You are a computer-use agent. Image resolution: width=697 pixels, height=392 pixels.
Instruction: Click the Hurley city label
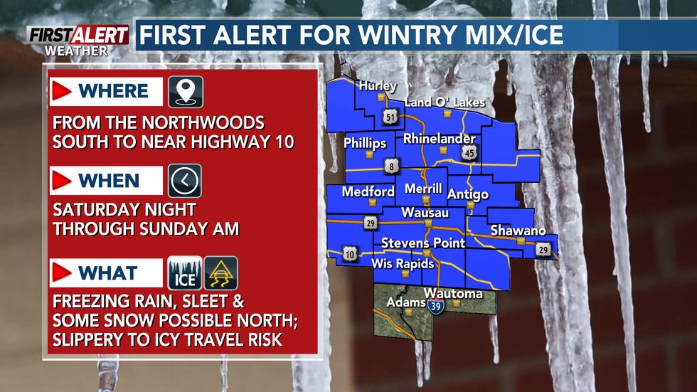click(378, 85)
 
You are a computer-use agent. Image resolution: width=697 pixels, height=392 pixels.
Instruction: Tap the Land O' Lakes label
click(445, 103)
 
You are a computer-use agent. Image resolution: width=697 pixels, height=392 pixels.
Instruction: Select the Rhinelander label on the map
click(440, 139)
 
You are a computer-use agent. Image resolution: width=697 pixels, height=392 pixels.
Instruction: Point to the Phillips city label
click(365, 143)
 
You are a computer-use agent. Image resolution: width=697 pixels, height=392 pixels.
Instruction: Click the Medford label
click(368, 192)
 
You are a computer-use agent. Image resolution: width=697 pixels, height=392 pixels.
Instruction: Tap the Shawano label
click(518, 231)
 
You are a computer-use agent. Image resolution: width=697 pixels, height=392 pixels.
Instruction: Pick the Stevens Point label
click(423, 243)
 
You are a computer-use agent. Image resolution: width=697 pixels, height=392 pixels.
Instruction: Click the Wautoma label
click(453, 294)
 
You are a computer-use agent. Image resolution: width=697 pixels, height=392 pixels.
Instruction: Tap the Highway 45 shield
click(468, 152)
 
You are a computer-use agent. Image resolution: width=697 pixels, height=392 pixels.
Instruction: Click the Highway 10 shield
click(351, 253)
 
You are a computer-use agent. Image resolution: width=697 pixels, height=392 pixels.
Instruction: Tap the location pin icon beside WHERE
click(185, 92)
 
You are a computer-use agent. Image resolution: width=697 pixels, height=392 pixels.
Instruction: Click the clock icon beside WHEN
click(185, 181)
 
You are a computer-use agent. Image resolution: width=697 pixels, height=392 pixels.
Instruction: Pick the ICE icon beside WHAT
click(185, 273)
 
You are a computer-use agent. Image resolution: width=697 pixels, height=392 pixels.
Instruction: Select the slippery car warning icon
click(220, 273)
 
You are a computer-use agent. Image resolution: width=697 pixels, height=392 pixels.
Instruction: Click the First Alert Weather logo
click(78, 40)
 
